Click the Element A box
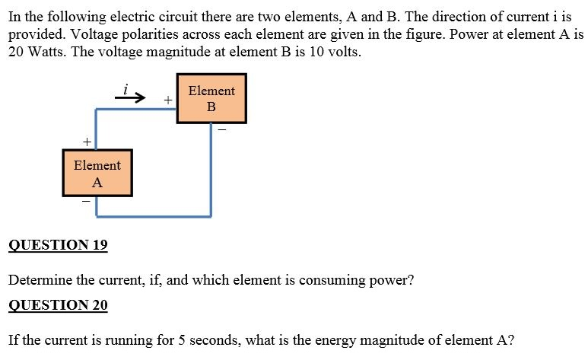(97, 174)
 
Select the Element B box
(211, 98)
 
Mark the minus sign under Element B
(221, 130)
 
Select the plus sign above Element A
(87, 142)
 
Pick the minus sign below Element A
(86, 202)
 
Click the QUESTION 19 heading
(58, 245)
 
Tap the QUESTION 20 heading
(58, 305)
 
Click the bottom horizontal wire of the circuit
(153, 215)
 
